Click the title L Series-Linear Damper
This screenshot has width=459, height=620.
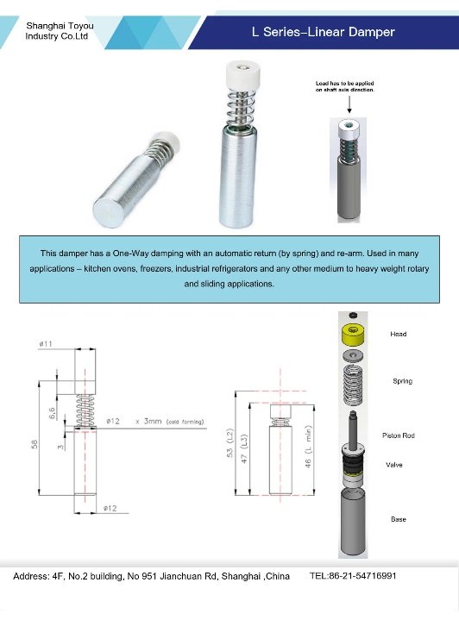coord(323,32)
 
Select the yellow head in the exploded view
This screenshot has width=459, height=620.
coord(353,335)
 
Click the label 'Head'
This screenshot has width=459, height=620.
coord(398,334)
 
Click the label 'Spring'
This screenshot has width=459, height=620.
coord(402,380)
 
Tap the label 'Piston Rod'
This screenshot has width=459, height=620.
coord(398,435)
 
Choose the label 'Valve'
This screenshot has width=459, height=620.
coord(394,465)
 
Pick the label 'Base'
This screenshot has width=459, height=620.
coord(398,519)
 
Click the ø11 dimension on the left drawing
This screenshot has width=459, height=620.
coord(47,344)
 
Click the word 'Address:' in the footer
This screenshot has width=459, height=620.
coord(32,575)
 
